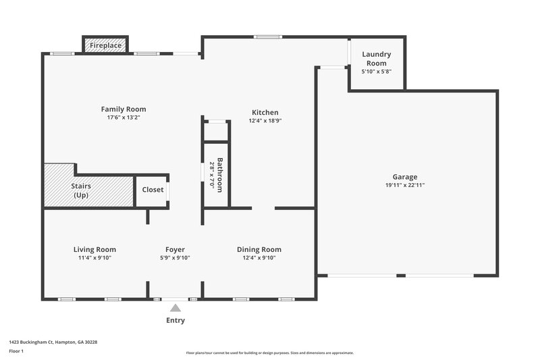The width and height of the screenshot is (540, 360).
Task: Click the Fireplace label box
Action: pos(106,45)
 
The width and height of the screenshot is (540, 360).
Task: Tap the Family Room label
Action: pos(124,109)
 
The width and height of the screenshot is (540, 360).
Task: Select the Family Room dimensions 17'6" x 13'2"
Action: pos(124,117)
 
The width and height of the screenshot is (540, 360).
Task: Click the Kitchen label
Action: pos(265,112)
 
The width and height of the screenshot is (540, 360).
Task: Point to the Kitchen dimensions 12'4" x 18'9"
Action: pos(265,121)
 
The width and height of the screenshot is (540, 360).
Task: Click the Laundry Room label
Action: pos(376,59)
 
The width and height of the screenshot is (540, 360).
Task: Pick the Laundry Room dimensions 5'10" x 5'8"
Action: pos(376,71)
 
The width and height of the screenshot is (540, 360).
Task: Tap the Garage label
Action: pos(406,176)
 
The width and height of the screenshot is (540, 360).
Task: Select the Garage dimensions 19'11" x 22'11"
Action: pos(406,185)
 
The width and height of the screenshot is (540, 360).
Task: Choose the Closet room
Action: pos(153,190)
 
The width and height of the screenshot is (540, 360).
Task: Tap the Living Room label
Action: pos(94,249)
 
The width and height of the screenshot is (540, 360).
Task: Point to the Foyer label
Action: pos(175,249)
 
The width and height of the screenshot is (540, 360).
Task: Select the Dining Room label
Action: pos(259,249)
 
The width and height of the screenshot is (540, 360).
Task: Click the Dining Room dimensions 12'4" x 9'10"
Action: pos(259,257)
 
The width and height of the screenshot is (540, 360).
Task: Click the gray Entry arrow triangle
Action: pos(175,308)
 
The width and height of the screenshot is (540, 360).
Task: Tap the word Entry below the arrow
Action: pos(175,320)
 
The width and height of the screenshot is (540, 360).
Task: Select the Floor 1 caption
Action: pos(16,351)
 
